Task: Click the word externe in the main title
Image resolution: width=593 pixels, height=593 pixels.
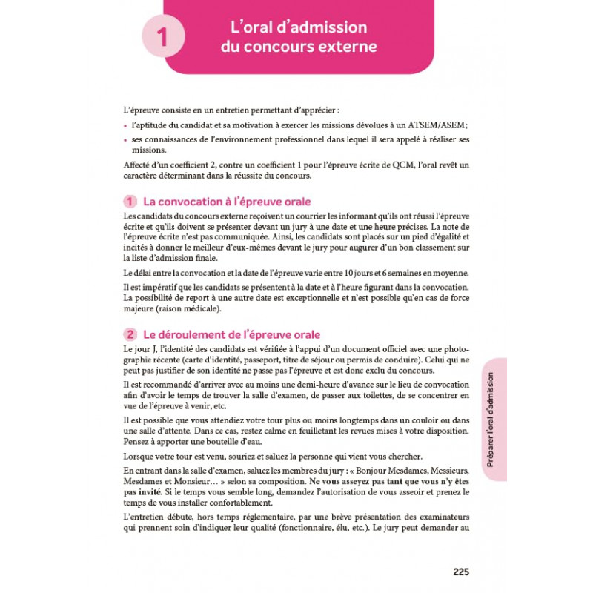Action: [x=342, y=47]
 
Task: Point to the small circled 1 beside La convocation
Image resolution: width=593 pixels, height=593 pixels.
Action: [x=130, y=202]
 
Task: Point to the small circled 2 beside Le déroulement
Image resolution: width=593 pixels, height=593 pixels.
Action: [x=130, y=335]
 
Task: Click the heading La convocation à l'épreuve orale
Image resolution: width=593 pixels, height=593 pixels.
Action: [x=226, y=202]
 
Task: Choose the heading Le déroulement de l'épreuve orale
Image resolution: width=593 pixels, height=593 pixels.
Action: [x=231, y=335]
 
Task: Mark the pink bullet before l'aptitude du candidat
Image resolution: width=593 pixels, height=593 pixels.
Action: [x=125, y=125]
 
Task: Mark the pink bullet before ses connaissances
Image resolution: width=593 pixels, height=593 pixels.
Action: [x=125, y=140]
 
